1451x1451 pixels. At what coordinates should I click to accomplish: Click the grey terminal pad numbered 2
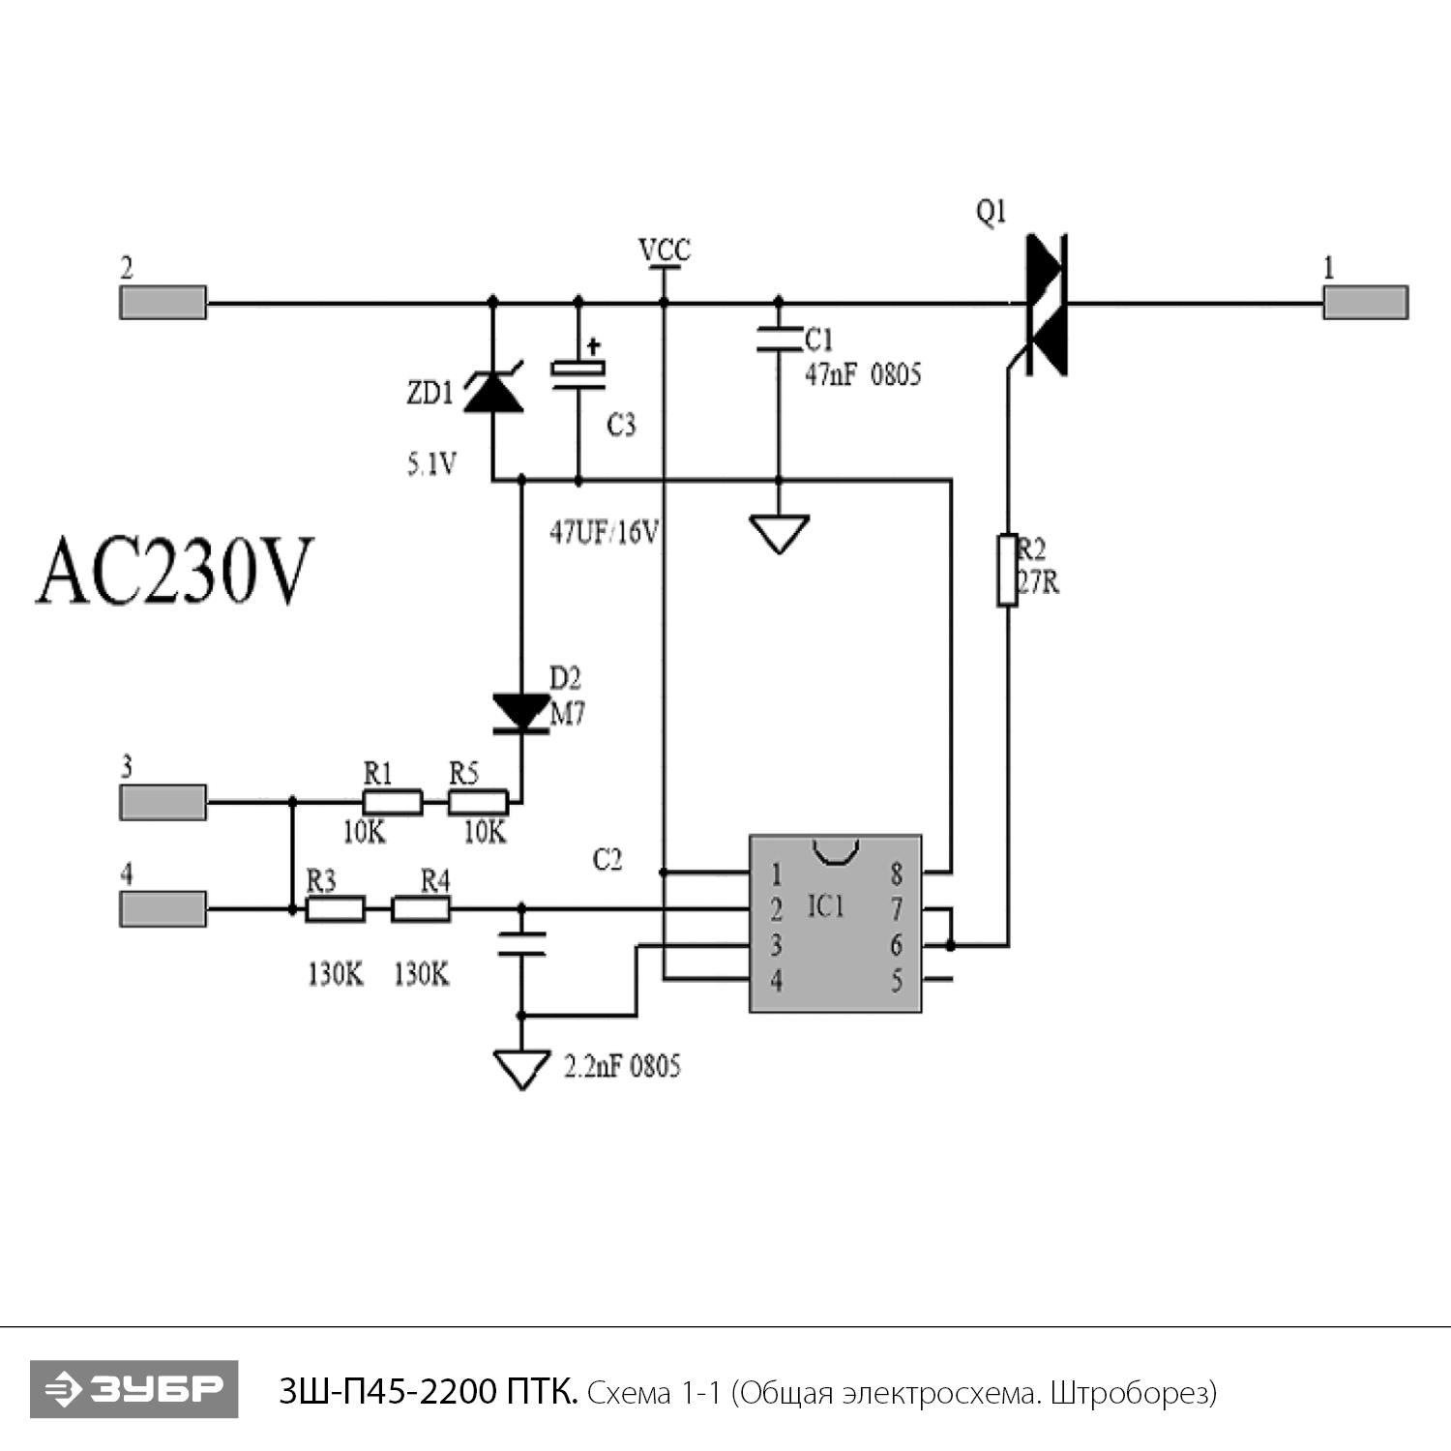pyautogui.click(x=163, y=303)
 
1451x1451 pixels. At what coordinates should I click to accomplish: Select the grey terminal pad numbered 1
pyautogui.click(x=1365, y=303)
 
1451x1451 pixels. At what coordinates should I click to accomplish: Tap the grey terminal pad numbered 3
pyautogui.click(x=163, y=802)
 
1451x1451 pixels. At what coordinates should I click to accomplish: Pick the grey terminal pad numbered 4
pyautogui.click(x=163, y=909)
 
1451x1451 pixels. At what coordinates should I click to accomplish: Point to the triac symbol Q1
pyautogui.click(x=1046, y=304)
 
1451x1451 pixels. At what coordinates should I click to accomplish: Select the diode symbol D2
pyautogui.click(x=521, y=713)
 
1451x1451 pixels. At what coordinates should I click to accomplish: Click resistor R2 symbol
pyautogui.click(x=1008, y=570)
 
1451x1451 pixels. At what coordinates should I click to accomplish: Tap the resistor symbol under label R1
pyautogui.click(x=392, y=802)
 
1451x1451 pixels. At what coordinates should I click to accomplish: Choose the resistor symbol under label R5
pyautogui.click(x=478, y=802)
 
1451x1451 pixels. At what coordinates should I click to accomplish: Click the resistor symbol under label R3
pyautogui.click(x=335, y=909)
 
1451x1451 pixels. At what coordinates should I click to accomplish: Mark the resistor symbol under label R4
pyautogui.click(x=420, y=909)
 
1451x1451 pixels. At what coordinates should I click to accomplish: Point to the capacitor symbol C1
pyautogui.click(x=779, y=339)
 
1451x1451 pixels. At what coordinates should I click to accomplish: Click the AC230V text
pyautogui.click(x=175, y=572)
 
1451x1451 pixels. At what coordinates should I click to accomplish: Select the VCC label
pyautogui.click(x=665, y=251)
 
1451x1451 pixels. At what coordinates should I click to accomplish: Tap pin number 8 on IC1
pyautogui.click(x=896, y=874)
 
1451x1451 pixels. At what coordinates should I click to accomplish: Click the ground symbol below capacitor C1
pyautogui.click(x=779, y=533)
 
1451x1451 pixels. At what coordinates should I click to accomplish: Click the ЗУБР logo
pyautogui.click(x=133, y=1389)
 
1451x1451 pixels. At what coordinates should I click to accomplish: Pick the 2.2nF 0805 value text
pyautogui.click(x=622, y=1066)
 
